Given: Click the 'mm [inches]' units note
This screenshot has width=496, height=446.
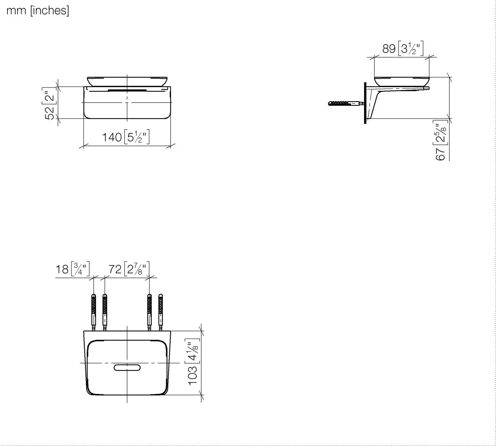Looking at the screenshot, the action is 38,11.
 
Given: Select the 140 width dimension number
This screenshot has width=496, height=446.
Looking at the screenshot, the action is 112,137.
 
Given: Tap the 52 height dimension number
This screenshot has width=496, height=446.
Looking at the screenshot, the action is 50,113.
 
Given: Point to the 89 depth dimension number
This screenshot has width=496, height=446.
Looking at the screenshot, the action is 389,48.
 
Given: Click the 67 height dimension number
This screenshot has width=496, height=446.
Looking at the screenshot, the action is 440,154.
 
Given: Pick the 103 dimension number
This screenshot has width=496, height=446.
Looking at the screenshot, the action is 193,375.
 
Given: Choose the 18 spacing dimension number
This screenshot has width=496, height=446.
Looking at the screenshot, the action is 62,269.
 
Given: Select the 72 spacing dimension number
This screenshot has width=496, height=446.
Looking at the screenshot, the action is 115,269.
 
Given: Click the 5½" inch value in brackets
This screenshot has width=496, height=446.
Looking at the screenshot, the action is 137,136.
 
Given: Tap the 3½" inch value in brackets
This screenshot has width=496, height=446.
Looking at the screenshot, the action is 411,48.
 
